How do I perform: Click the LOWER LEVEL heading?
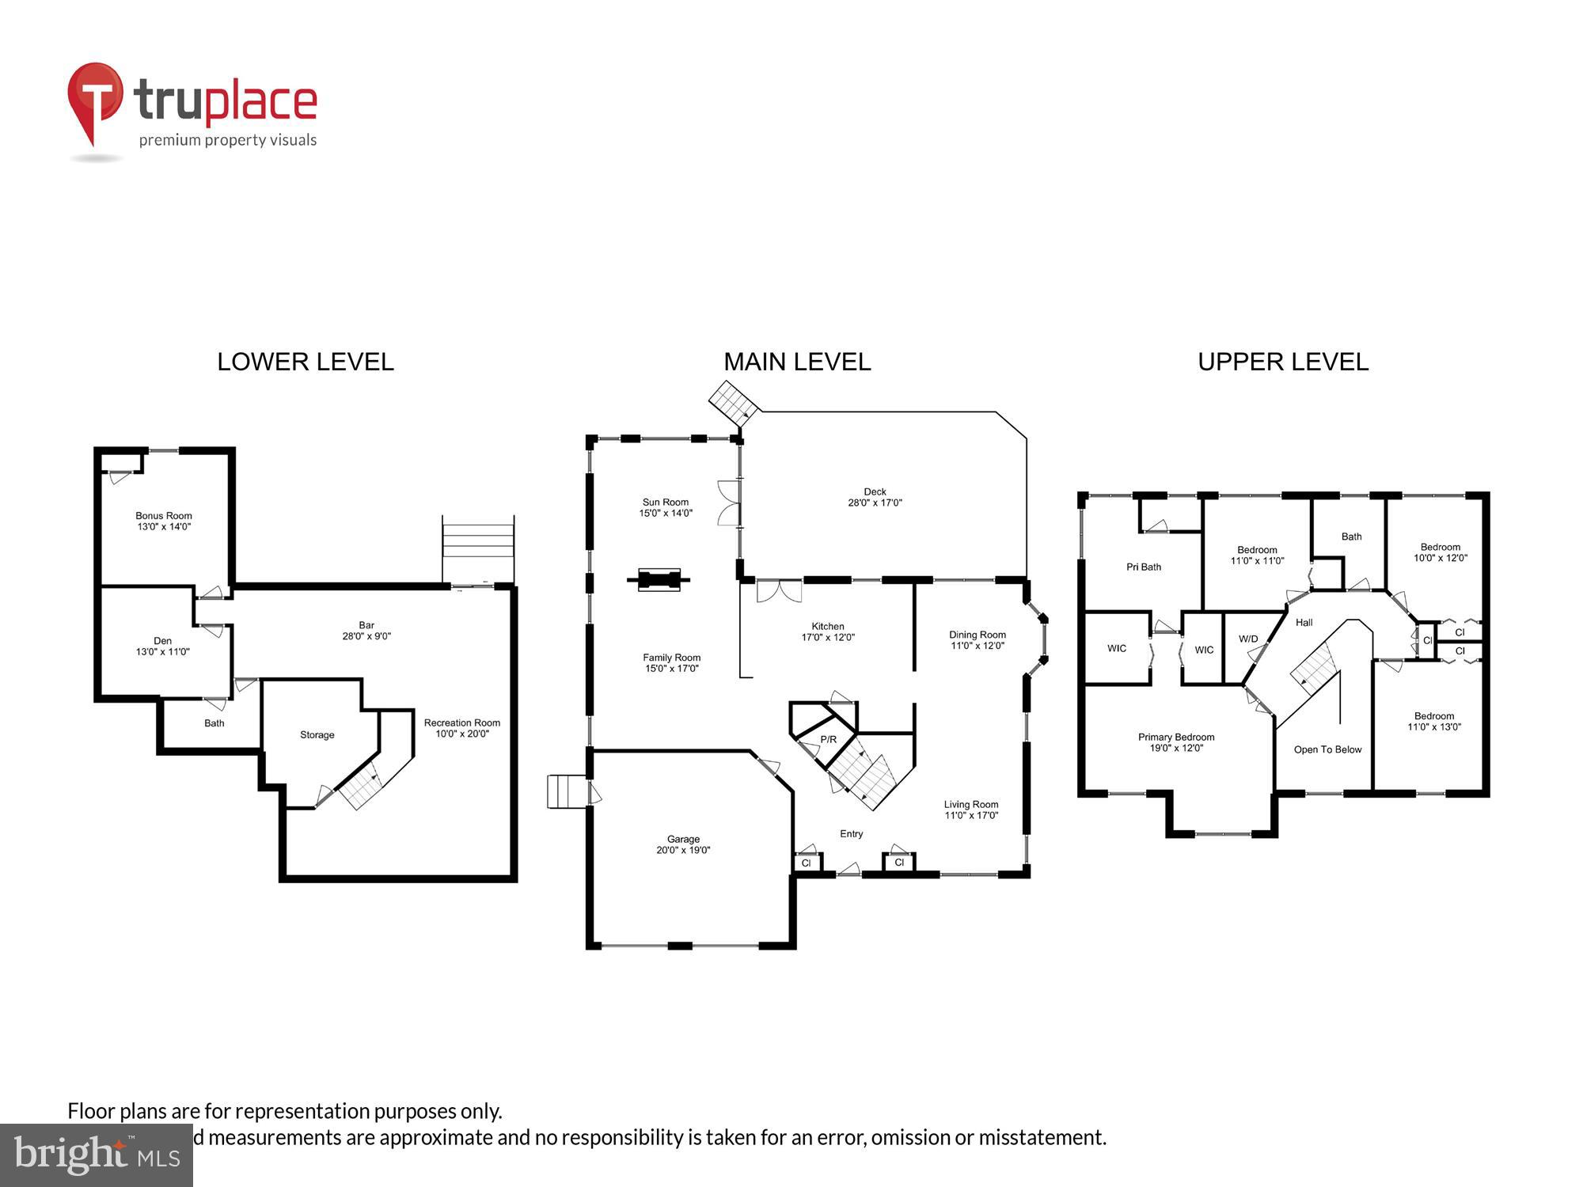[x=306, y=362]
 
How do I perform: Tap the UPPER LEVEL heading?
[x=1282, y=362]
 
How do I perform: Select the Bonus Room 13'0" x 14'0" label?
[x=164, y=521]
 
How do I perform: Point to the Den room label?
[x=162, y=646]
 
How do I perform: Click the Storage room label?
[x=317, y=735]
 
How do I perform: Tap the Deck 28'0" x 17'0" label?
[x=875, y=497]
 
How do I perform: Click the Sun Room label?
[x=666, y=507]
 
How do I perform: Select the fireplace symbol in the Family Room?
[x=659, y=579]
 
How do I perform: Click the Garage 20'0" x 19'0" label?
[x=683, y=844]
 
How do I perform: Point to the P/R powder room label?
[x=828, y=739]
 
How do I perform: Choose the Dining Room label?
[x=978, y=639]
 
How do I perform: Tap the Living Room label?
[x=971, y=810]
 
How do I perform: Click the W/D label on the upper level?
[x=1248, y=639]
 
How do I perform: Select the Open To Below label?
[x=1327, y=749]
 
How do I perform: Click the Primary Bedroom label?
[x=1176, y=742]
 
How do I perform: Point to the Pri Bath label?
[x=1144, y=567]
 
